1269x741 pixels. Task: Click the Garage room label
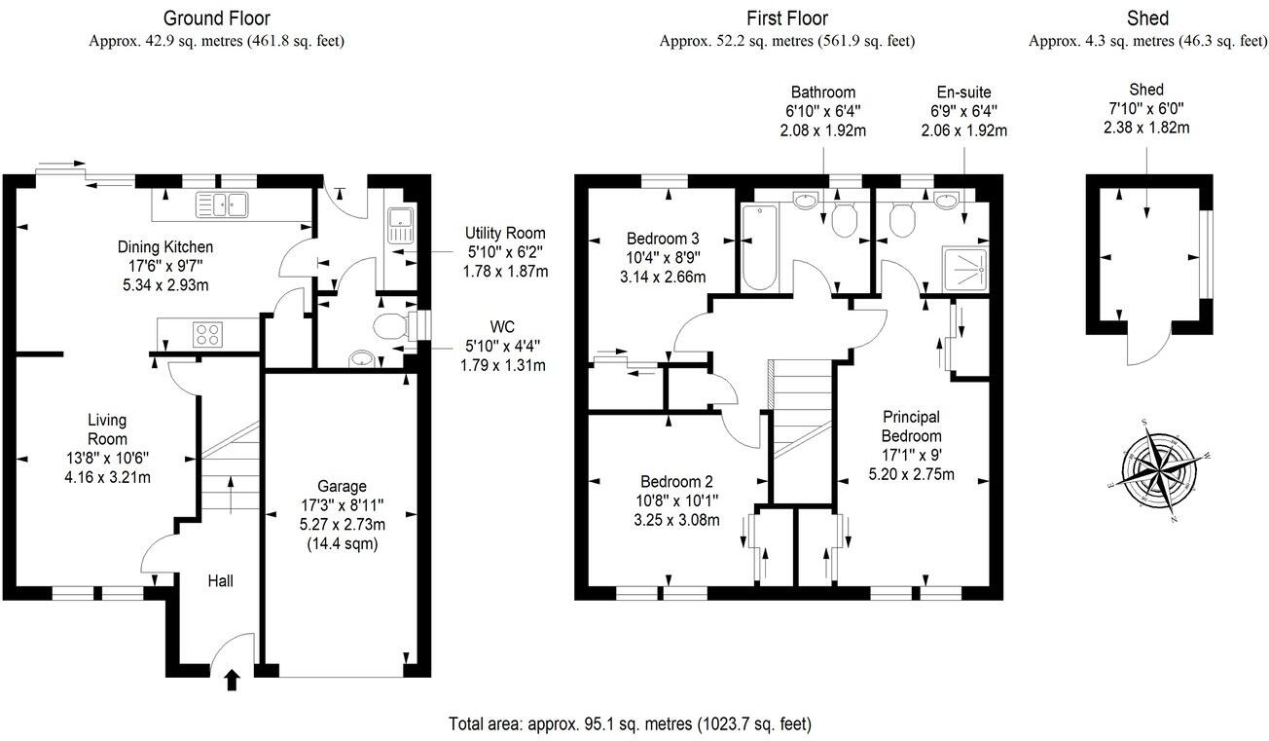(342, 487)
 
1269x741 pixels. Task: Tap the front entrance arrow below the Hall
(233, 680)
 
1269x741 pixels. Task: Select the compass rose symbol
(1159, 470)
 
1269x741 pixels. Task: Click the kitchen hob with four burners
(207, 334)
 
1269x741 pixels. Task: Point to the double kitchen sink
(222, 204)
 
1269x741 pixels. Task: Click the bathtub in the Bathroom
(759, 247)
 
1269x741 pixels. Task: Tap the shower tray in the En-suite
(964, 270)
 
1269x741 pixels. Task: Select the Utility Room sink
(401, 226)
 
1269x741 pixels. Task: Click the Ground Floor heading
(216, 19)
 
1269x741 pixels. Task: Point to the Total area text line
(630, 724)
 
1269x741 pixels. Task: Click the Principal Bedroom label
(911, 426)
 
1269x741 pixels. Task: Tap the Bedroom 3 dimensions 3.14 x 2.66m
(663, 278)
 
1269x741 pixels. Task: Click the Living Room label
(107, 429)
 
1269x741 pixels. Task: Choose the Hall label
(220, 580)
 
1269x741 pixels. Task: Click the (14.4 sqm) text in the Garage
(343, 544)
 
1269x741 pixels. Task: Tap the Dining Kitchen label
(165, 247)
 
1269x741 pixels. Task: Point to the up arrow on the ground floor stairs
(231, 495)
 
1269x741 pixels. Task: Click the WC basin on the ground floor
(361, 359)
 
